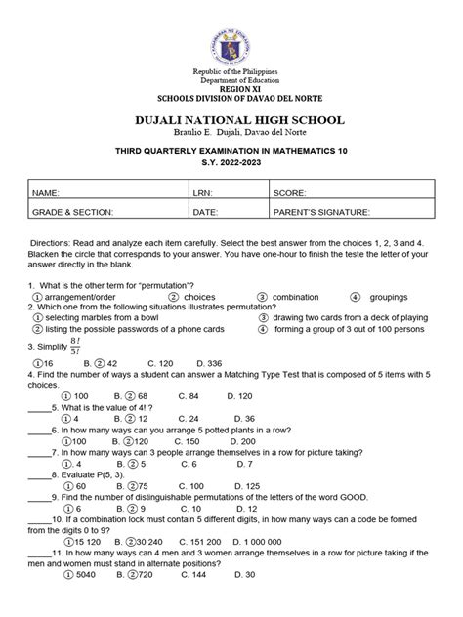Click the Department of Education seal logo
231,32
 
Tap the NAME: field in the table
107,193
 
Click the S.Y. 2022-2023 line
231,164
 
